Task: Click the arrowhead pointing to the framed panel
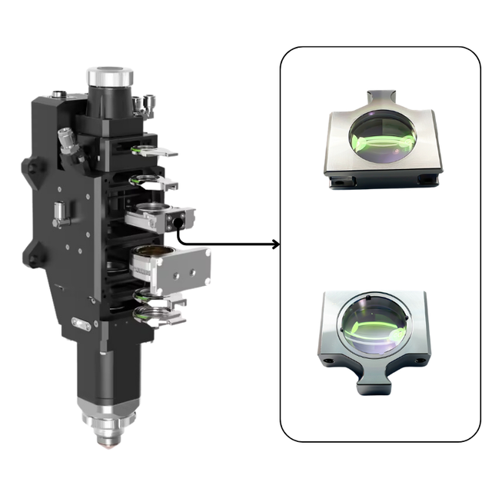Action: pos(274,245)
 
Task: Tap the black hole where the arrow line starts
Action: pos(178,222)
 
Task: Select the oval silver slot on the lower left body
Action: pos(81,324)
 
